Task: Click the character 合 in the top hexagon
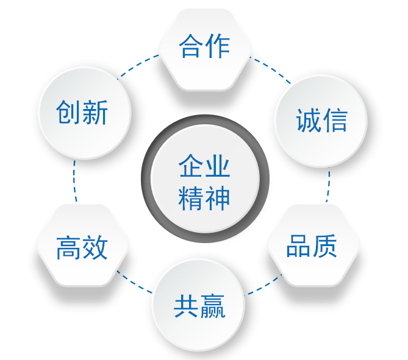click(x=191, y=47)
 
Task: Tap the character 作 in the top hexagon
click(x=217, y=47)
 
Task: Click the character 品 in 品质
click(x=298, y=246)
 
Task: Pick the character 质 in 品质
click(x=324, y=246)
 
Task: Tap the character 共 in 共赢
click(x=186, y=306)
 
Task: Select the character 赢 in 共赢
click(x=212, y=306)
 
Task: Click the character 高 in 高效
click(x=68, y=247)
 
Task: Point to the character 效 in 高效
click(x=95, y=247)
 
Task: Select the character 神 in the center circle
click(x=218, y=197)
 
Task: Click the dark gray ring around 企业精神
click(x=146, y=180)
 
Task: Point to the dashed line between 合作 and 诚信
click(x=271, y=70)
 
